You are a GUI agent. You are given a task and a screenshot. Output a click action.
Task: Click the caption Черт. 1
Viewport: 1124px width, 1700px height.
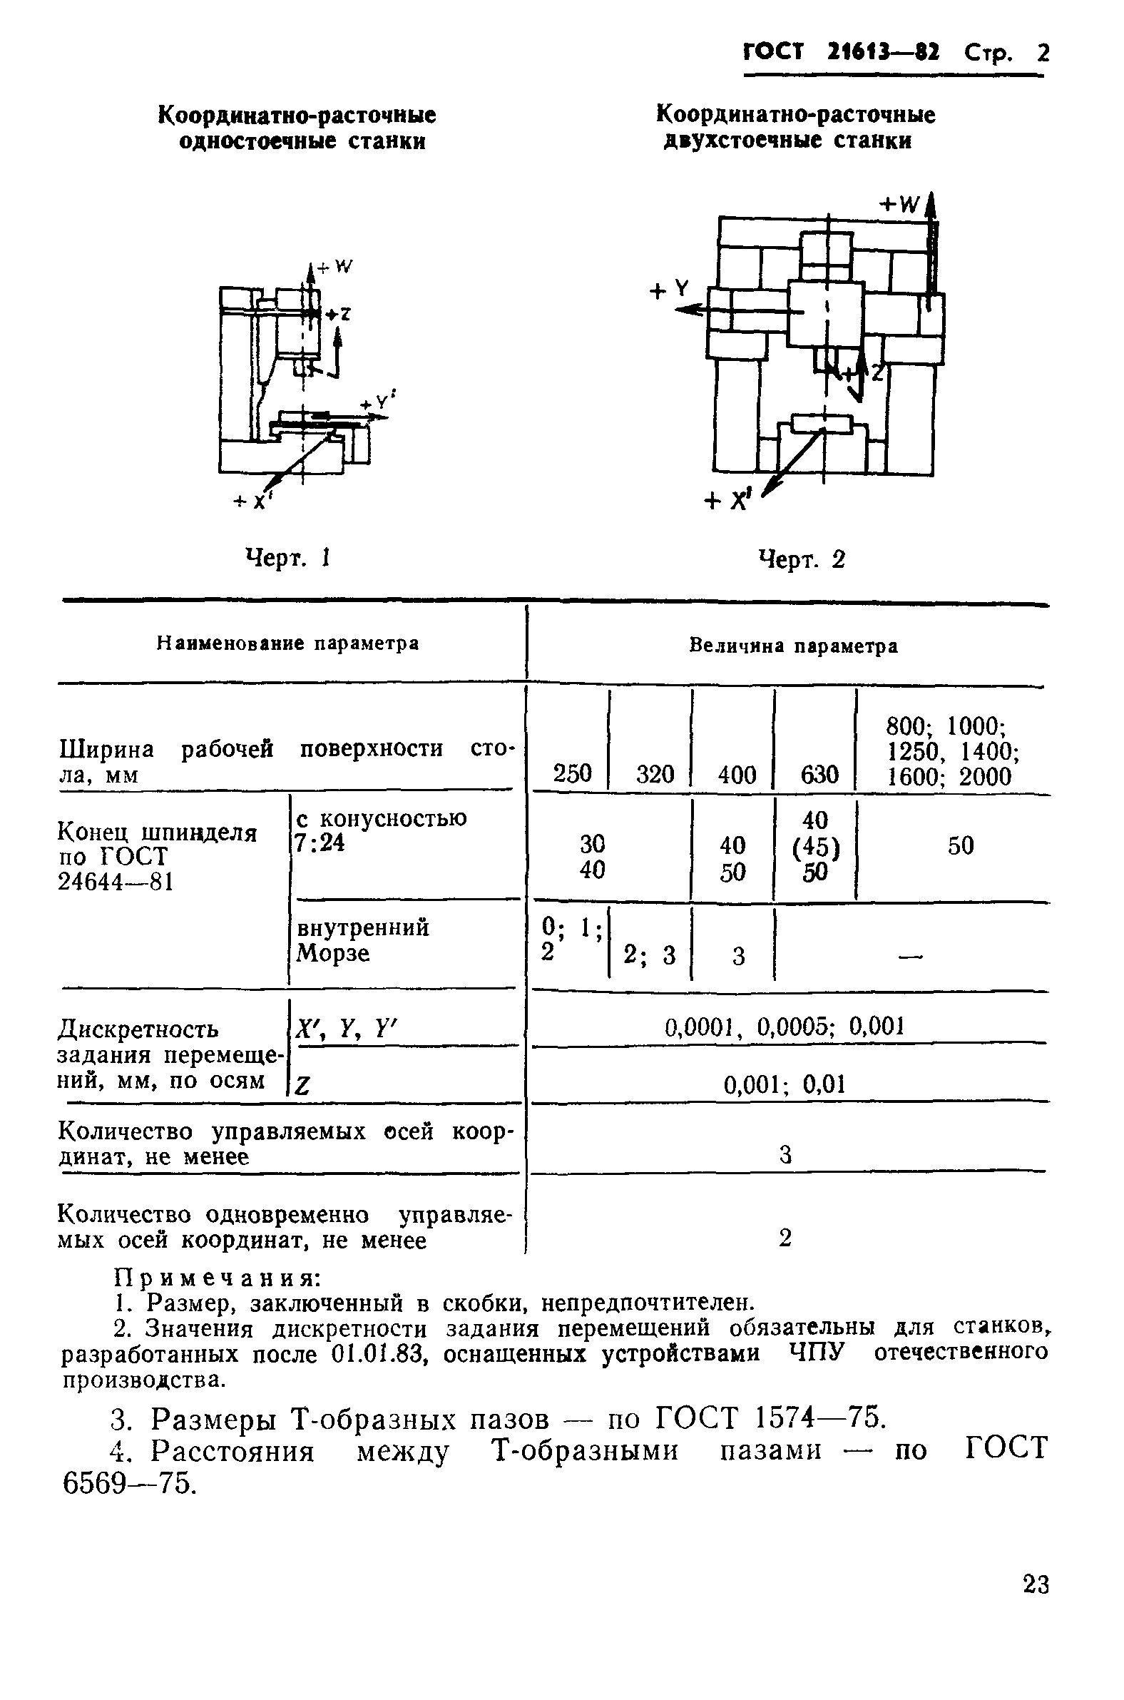point(287,557)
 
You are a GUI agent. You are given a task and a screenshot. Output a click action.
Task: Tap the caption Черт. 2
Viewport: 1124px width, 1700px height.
point(802,559)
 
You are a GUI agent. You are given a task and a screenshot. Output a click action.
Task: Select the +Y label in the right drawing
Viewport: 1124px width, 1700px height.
point(668,290)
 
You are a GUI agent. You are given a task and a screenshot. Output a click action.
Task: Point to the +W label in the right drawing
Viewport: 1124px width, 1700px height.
point(899,205)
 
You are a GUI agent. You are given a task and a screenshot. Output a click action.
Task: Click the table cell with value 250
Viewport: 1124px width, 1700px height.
point(572,773)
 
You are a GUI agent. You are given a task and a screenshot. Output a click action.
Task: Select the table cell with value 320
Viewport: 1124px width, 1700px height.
point(655,774)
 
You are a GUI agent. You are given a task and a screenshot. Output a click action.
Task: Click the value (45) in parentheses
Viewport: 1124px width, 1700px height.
point(816,848)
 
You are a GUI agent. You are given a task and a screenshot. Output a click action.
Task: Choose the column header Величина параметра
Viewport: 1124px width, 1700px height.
point(793,646)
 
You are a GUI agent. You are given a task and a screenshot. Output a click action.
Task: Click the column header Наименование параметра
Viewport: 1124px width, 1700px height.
point(287,643)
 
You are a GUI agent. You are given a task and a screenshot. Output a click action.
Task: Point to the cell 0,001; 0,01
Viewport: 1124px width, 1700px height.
point(785,1084)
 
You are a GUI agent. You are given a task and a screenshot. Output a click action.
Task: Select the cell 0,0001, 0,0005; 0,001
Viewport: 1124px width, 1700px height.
point(785,1027)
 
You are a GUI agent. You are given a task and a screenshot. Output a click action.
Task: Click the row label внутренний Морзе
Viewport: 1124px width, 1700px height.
point(363,940)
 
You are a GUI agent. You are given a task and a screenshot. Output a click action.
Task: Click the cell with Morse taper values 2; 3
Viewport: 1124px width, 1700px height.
point(650,955)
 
